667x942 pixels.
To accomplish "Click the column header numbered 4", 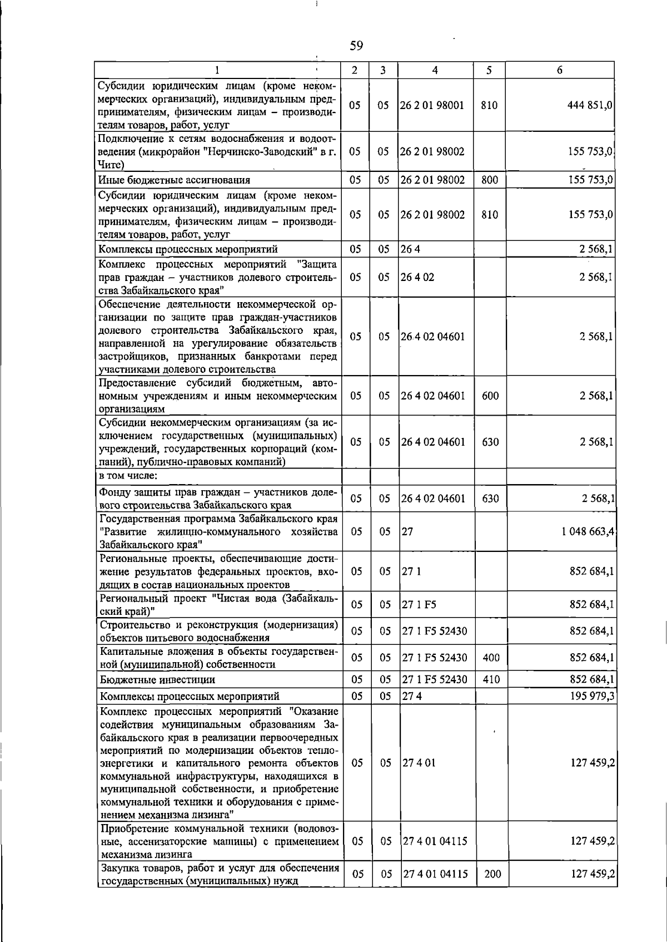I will tap(435, 70).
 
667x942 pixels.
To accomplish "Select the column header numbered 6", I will tap(559, 70).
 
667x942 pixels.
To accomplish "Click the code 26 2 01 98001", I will tap(432, 106).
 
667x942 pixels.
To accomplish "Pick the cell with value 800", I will tap(490, 180).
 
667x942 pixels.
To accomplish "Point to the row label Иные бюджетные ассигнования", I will tap(174, 180).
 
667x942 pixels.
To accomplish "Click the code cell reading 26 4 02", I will tap(417, 277).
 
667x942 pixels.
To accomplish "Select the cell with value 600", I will tap(490, 396).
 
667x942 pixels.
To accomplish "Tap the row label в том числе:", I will tap(128, 476).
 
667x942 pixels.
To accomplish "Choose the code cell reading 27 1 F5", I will tap(419, 605).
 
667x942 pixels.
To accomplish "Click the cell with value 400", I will tap(491, 658).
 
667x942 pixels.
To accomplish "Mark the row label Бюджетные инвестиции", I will tap(157, 680).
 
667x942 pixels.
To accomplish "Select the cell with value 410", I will tap(491, 679).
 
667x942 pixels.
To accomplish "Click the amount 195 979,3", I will tap(592, 696).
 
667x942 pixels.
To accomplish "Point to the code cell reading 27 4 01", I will tap(419, 763).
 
